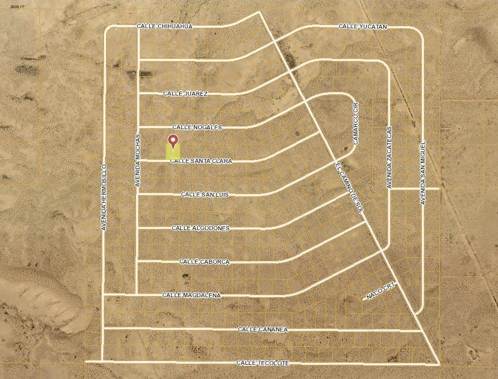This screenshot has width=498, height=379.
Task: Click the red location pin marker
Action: tap(173, 141)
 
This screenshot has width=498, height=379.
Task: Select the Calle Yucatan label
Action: tap(362, 26)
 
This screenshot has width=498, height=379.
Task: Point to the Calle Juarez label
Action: tap(186, 94)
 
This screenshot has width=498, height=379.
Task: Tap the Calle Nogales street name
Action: tap(197, 127)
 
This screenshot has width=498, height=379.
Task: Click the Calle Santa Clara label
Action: tap(201, 161)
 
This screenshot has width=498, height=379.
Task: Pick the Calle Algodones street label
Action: tap(200, 228)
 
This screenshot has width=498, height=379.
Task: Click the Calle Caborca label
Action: tap(204, 262)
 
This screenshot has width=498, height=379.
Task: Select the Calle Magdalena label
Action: tap(191, 295)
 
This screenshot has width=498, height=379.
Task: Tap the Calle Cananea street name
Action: tap(263, 329)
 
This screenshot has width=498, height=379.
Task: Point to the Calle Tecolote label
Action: tap(263, 363)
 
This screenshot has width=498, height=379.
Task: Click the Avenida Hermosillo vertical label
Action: tap(104, 196)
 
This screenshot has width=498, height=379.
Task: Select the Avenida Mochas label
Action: tap(138, 161)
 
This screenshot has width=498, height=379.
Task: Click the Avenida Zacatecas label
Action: tap(389, 158)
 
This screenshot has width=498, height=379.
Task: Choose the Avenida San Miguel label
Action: tap(422, 170)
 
